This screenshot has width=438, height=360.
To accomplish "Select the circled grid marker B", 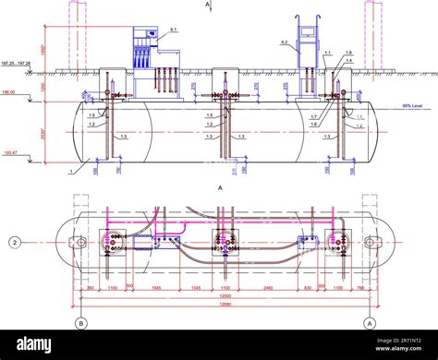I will coord(80,323).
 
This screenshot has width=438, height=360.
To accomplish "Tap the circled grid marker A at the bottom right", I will coord(370,323).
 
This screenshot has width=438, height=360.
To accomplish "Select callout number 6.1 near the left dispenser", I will coord(173,31).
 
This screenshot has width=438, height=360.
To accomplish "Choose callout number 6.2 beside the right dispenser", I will coord(284,43).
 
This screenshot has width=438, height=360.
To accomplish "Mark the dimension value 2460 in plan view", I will coord(265,288).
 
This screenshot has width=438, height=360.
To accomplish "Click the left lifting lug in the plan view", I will coord(69,243).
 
